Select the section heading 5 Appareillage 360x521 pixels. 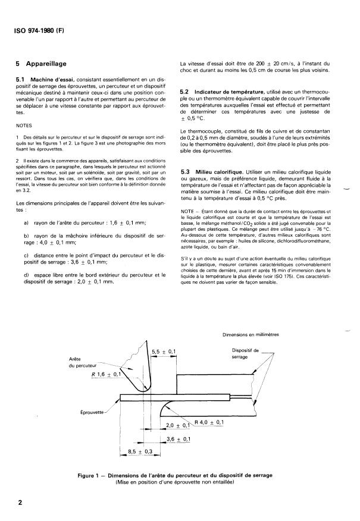(44, 62)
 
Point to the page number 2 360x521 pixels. (20, 502)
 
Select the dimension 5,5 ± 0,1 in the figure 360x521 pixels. (162, 352)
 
